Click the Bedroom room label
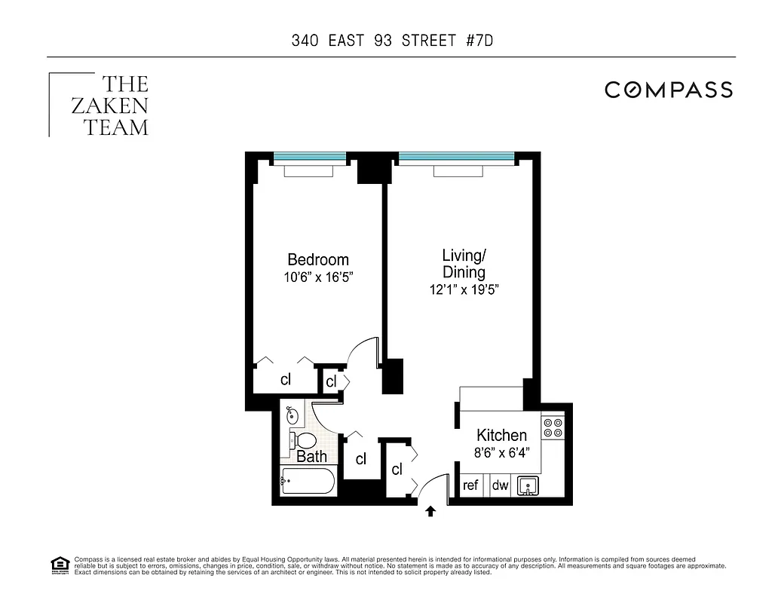pyautogui.click(x=318, y=260)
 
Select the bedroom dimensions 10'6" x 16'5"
pyautogui.click(x=318, y=277)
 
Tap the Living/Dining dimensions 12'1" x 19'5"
pyautogui.click(x=464, y=289)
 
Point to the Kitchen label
pyautogui.click(x=501, y=436)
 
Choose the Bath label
pyautogui.click(x=311, y=457)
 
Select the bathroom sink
pyautogui.click(x=293, y=414)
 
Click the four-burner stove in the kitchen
pyautogui.click(x=553, y=427)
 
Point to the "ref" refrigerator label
pyautogui.click(x=471, y=485)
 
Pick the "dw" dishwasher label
pyautogui.click(x=501, y=485)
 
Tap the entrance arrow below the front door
pyautogui.click(x=430, y=512)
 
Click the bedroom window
pyautogui.click(x=309, y=157)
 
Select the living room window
pyautogui.click(x=456, y=157)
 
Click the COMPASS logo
pyautogui.click(x=669, y=90)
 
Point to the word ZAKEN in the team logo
pyautogui.click(x=110, y=106)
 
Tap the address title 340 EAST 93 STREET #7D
pyautogui.click(x=392, y=40)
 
